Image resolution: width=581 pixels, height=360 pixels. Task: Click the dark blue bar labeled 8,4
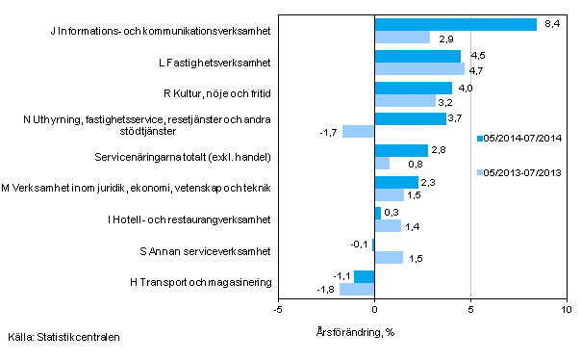coord(455,25)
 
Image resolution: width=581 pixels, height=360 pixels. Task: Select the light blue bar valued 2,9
coord(402,38)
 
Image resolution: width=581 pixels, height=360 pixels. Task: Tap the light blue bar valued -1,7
coord(358,131)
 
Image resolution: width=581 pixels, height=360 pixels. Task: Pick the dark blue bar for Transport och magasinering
coord(364,276)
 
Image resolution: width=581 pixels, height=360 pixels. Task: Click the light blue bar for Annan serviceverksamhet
coord(389,257)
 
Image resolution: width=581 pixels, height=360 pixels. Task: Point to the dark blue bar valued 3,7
coord(410,118)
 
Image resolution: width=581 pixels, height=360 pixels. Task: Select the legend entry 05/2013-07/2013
coord(520,173)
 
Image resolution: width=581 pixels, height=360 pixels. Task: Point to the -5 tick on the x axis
coord(278,309)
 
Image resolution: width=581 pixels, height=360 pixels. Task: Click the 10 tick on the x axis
coord(567,309)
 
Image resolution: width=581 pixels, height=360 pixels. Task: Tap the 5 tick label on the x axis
coord(470,309)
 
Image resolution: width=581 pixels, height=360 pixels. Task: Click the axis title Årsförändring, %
coord(355,332)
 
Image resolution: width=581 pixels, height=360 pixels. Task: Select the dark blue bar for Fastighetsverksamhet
coord(417,56)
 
